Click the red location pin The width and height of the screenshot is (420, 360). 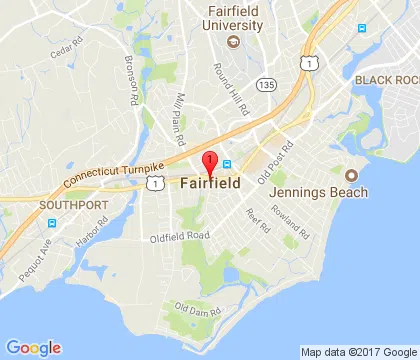[210, 164]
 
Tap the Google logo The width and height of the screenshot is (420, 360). [33, 347]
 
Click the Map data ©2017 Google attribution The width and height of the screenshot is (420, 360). [358, 351]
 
